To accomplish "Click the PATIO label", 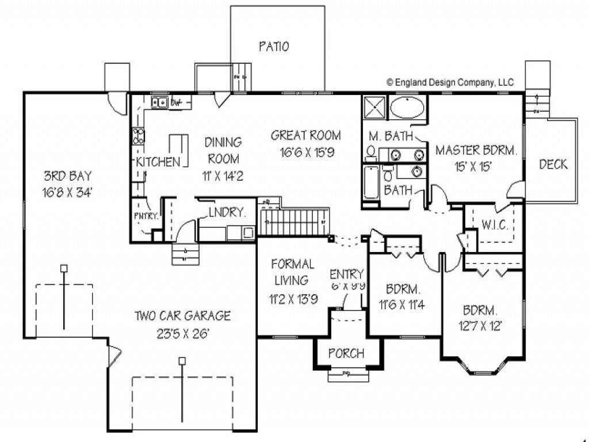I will [x=273, y=47].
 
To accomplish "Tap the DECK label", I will [x=553, y=165].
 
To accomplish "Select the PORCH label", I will [x=346, y=353].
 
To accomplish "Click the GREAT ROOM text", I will [x=305, y=136].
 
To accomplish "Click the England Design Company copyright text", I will [x=450, y=82].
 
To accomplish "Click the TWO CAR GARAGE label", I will [x=182, y=315].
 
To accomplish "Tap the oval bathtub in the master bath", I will [x=407, y=108].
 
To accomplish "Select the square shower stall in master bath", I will [x=374, y=108].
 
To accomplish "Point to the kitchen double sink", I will [x=159, y=103].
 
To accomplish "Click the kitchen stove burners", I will [x=139, y=136].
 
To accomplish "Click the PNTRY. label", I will [x=146, y=216].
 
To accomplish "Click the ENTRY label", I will [x=347, y=273].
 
